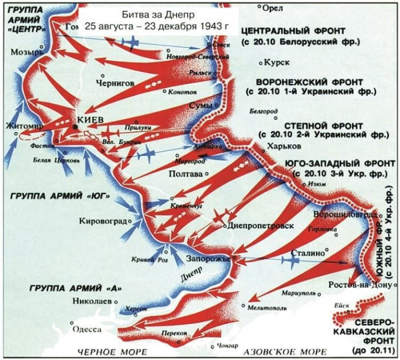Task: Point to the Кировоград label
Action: pos(103,221)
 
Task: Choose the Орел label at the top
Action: pos(273,7)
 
